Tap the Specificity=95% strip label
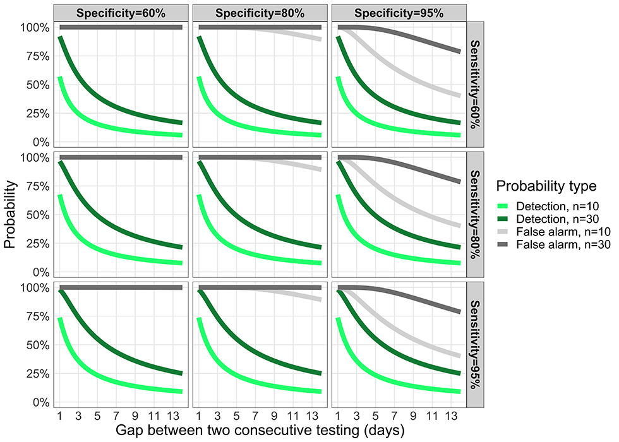(398, 12)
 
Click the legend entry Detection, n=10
(553, 206)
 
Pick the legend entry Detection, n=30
(553, 220)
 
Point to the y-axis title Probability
(11, 215)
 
